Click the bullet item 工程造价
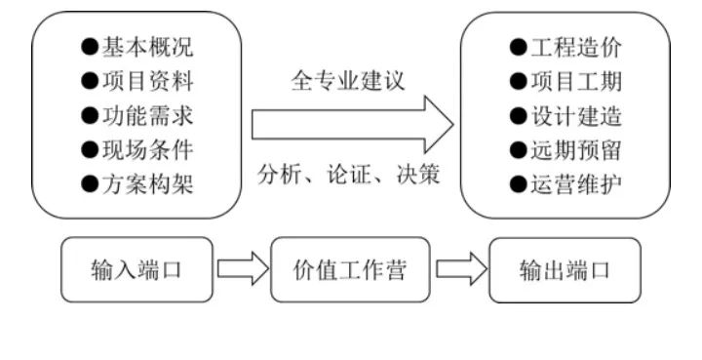tap(565, 46)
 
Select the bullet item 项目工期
tap(565, 81)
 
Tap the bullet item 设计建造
tap(565, 115)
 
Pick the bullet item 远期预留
tap(565, 149)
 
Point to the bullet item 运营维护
tap(565, 183)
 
